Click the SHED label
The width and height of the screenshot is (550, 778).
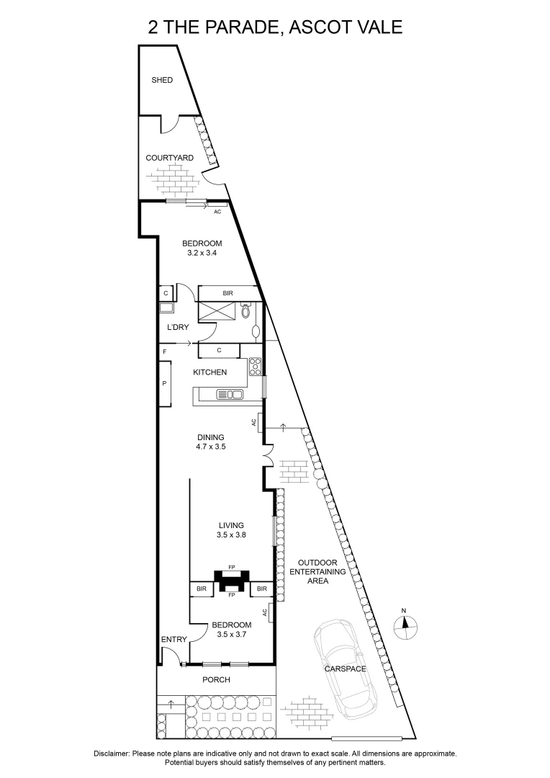pos(162,80)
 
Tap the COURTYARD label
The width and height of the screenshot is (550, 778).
pos(169,158)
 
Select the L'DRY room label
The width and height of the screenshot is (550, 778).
pos(178,328)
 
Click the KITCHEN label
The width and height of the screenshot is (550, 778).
pos(209,372)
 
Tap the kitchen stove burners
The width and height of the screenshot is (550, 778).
pos(254,367)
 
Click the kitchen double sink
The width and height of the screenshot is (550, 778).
pos(230,394)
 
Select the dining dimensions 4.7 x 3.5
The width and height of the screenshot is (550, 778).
pos(211,447)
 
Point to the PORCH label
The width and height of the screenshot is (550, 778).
pos(216,680)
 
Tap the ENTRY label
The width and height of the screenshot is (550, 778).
pos(173,639)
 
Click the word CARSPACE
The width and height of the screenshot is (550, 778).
pos(346,669)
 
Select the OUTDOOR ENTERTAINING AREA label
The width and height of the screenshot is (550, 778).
pos(317,571)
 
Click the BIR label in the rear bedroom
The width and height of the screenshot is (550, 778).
pos(227,293)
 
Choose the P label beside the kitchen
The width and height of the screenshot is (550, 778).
pos(165,383)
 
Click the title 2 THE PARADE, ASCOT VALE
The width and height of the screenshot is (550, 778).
pos(275,27)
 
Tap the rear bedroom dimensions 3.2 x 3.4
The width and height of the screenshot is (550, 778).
pos(202,253)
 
